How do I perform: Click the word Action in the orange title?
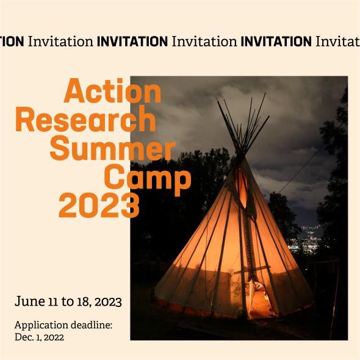pos(113,92)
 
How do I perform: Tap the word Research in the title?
pos(85,120)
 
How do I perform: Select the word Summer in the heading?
pos(112,148)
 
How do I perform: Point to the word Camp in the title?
pos(147,178)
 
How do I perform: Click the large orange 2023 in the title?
pos(99,206)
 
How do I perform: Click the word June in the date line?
pos(29,301)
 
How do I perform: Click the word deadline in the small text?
pos(92,325)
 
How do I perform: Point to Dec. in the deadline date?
pos(24,337)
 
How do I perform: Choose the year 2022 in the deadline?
pos(52,337)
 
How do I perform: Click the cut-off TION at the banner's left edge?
pos(12,41)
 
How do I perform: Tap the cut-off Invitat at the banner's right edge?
pos(337,41)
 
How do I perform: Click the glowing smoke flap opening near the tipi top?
pos(243,186)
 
